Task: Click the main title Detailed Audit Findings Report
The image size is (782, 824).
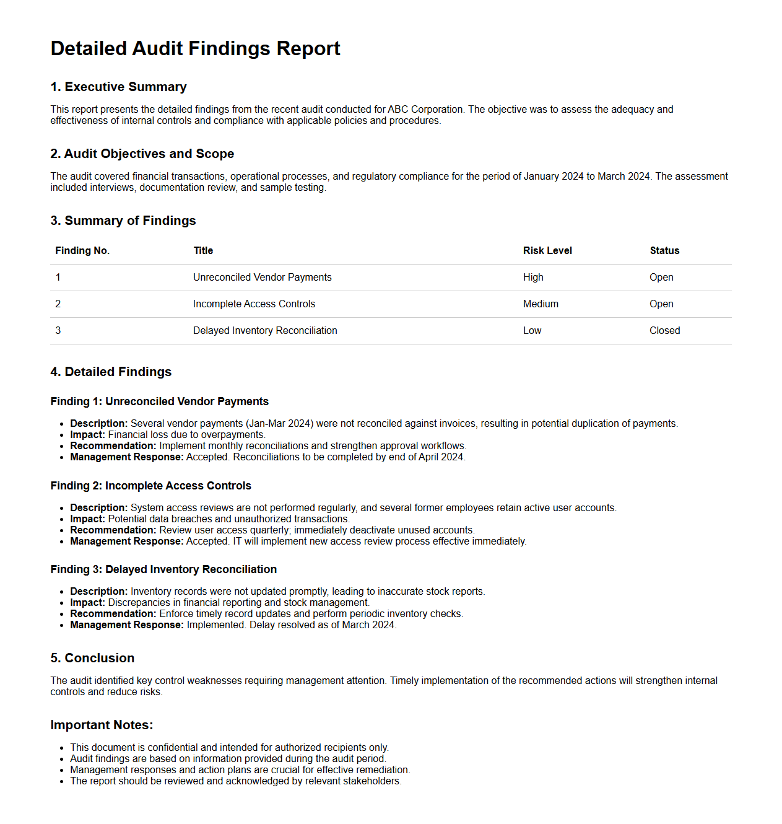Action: coord(195,48)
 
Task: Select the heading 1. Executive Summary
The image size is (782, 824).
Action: coord(118,87)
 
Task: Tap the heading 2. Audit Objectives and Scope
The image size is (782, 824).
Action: coord(142,154)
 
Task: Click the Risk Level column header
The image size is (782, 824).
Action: coord(547,251)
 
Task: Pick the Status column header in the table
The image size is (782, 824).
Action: coord(664,251)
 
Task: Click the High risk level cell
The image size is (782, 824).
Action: coord(533,278)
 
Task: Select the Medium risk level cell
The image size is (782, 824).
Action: coord(541,304)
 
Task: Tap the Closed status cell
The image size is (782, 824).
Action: coord(664,331)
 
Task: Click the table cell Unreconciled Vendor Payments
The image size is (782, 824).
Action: coord(262,278)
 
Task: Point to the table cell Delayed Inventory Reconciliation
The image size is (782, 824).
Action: coord(265,331)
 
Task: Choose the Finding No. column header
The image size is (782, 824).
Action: coord(82,251)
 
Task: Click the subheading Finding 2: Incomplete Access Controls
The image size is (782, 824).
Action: coord(150,486)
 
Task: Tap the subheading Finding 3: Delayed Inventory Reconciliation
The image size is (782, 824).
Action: coord(163,569)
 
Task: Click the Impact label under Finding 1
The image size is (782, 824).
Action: coord(87,435)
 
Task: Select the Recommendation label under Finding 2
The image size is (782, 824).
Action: coord(113,530)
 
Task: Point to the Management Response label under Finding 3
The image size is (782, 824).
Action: coord(126,625)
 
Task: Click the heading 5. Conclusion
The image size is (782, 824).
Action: coord(92,658)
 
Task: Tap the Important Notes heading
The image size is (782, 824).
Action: coord(102,725)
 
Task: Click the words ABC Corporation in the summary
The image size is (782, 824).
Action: coord(425,110)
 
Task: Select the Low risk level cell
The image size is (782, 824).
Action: coord(532,331)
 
